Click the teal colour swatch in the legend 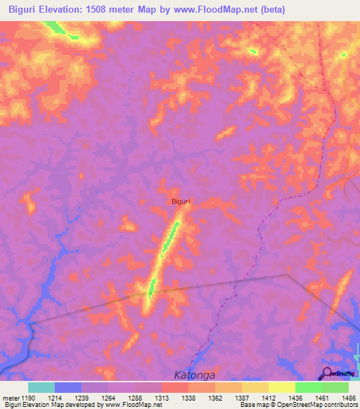[41, 387]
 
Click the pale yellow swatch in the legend [281, 387]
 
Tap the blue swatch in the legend [68, 387]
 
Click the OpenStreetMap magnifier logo [328, 373]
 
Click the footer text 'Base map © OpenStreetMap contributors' [298, 405]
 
